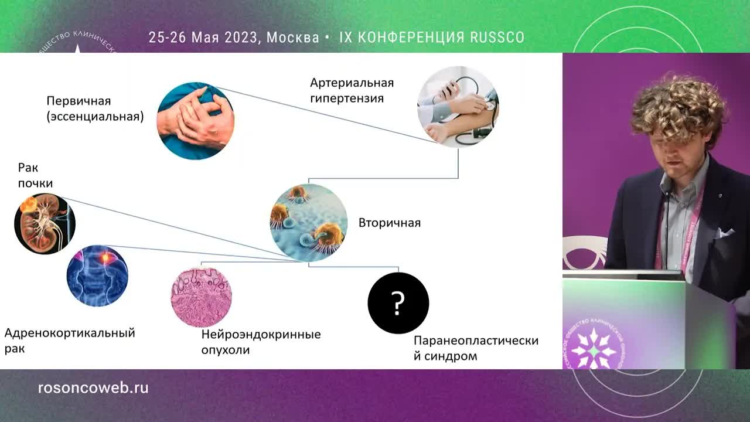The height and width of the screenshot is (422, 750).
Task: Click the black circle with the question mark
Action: [x=398, y=303]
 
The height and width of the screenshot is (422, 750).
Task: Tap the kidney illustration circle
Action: [x=45, y=224]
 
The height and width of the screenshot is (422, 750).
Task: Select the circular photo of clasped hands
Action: [x=196, y=121]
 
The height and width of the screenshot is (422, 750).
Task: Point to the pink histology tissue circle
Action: [x=201, y=297]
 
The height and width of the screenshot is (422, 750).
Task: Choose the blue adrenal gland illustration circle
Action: [x=97, y=276]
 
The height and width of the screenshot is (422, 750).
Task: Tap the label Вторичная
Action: [x=390, y=223]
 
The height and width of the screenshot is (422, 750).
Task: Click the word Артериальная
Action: [x=352, y=83]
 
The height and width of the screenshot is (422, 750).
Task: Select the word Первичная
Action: [x=79, y=101]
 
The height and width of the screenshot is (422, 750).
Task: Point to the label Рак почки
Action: [x=35, y=175]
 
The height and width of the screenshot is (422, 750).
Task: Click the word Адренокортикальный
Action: [x=70, y=333]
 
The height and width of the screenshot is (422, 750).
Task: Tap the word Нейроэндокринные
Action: [x=261, y=335]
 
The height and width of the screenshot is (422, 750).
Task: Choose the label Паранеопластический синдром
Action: [x=475, y=348]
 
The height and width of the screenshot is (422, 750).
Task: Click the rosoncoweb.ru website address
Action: [x=93, y=388]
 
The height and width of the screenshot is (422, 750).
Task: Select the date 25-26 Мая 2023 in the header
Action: [x=203, y=38]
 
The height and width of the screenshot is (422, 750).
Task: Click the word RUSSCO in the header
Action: [x=497, y=38]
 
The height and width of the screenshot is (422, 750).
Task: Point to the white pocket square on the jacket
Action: [x=725, y=233]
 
